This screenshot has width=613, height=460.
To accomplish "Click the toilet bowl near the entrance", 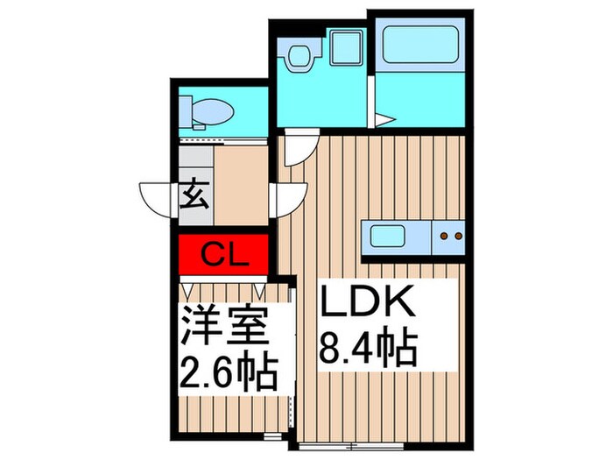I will coord(207,112).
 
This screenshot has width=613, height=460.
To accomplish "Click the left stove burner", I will coord(444,235).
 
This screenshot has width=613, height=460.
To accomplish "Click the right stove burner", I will coord(456,235).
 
